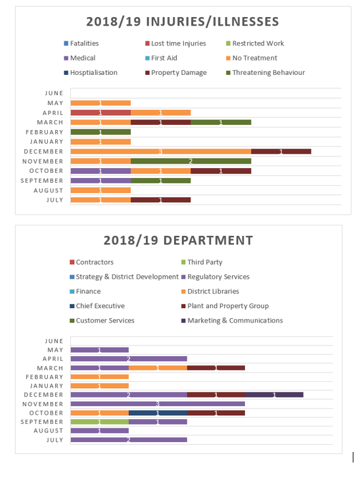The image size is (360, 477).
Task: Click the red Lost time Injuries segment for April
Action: tap(101, 112)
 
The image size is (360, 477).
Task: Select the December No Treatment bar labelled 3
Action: tap(161, 152)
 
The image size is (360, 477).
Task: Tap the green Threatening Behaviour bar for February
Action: tap(101, 132)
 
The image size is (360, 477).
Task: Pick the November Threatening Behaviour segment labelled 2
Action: tap(191, 161)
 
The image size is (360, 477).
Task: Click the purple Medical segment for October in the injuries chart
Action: tap(101, 171)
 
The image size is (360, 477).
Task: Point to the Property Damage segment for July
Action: tap(160, 200)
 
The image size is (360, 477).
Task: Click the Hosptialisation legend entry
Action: tap(91, 73)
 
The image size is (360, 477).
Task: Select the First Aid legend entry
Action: tap(161, 58)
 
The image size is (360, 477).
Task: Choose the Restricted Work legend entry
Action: tap(255, 43)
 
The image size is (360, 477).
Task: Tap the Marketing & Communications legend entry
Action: tap(232, 321)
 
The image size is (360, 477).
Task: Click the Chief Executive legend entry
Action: tap(97, 306)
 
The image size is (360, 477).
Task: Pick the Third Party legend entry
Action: tap(202, 262)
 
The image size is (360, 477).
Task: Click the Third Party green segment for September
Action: tap(100, 422)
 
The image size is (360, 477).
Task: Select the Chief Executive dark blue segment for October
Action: tap(158, 413)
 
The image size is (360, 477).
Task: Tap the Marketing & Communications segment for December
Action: tap(274, 395)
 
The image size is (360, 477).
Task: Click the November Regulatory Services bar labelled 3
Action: tap(158, 404)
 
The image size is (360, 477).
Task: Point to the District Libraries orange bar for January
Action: tap(100, 386)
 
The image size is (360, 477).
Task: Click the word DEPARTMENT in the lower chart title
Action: tap(208, 240)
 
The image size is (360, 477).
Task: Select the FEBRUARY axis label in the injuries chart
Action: tap(45, 132)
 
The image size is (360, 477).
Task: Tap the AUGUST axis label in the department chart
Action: tap(49, 431)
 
